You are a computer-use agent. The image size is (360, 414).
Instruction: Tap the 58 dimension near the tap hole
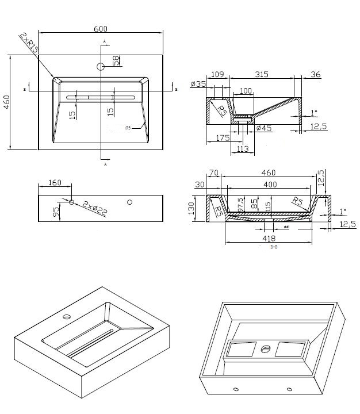click(x=116, y=60)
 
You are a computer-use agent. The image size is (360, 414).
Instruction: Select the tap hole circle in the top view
click(x=101, y=67)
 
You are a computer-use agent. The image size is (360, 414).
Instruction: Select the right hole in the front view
click(x=130, y=202)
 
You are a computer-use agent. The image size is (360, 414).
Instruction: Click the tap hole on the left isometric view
click(x=67, y=316)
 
